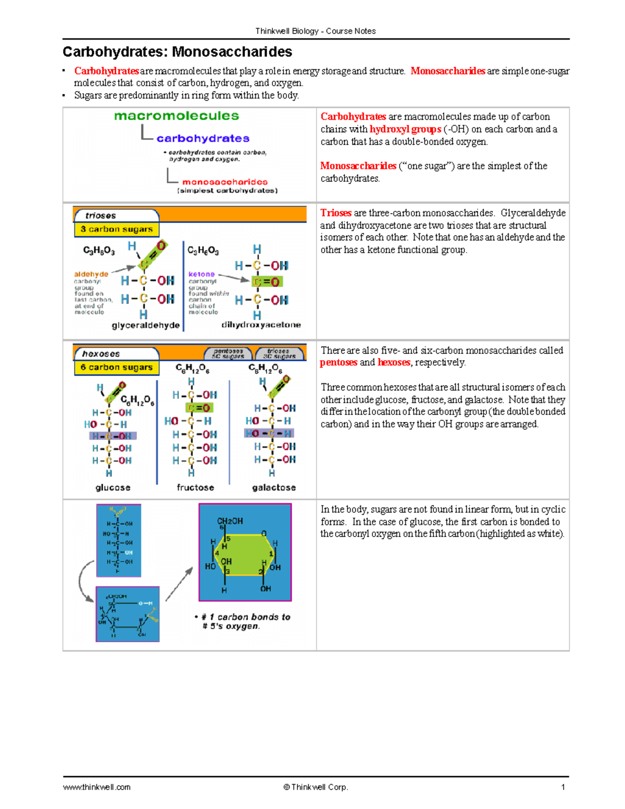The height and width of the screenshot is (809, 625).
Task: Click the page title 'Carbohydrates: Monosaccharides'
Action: tap(177, 52)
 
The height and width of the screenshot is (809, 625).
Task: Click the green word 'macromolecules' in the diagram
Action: tap(177, 116)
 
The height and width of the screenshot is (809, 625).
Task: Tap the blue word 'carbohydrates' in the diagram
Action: tap(203, 139)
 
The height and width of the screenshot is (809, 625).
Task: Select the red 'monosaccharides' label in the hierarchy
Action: tap(224, 182)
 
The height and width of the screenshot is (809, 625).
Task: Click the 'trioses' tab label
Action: tap(101, 216)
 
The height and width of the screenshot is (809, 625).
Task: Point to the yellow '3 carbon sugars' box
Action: tap(116, 229)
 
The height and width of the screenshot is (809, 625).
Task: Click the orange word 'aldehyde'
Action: tap(91, 274)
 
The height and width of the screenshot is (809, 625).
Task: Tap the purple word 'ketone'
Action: tap(201, 274)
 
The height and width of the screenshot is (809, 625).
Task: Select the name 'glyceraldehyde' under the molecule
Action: tap(145, 325)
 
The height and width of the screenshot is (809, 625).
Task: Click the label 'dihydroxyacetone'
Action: tap(261, 325)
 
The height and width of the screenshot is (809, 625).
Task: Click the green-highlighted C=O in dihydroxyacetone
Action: tap(266, 282)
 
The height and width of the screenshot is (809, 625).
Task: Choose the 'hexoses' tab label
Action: tap(101, 354)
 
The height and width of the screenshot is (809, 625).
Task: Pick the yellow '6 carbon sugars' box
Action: tap(116, 367)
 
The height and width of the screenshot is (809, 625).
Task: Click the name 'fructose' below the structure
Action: tap(195, 488)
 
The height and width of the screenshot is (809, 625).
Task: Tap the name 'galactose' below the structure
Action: tap(274, 488)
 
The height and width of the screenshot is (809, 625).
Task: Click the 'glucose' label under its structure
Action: tap(113, 488)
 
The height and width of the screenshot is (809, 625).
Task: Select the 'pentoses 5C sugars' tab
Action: tap(228, 354)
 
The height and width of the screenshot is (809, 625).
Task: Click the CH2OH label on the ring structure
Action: tap(230, 521)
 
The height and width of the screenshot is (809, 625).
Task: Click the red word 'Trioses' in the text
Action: tap(336, 213)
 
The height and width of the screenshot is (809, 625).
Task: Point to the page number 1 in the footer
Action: tap(562, 787)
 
